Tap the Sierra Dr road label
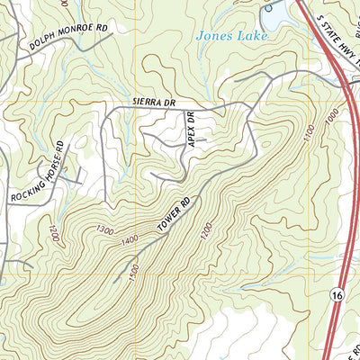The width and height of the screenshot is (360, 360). click(x=152, y=103)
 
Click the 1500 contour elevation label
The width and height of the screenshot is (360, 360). click(x=133, y=270)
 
